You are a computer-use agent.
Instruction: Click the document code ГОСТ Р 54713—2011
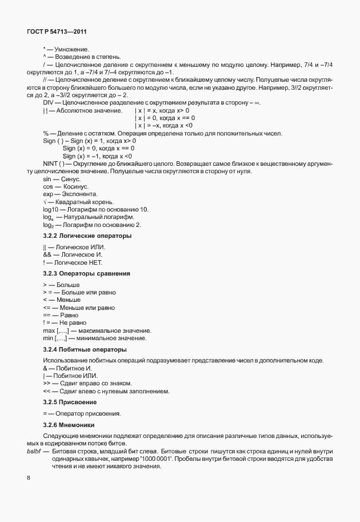(x=56, y=32)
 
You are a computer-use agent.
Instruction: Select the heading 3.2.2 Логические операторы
(x=79, y=236)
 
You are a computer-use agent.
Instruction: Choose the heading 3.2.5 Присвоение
(x=66, y=403)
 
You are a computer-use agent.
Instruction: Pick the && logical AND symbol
(x=47, y=254)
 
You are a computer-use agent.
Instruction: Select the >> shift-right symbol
(x=46, y=383)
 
